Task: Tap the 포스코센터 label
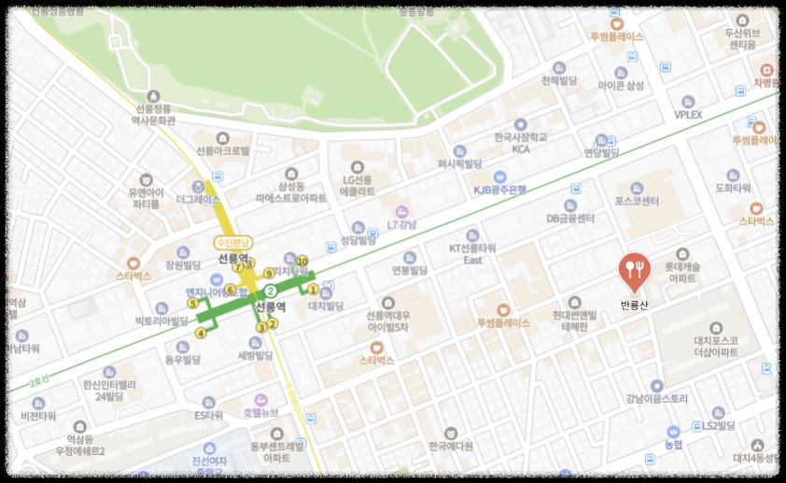[x=638, y=201]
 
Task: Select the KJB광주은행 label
[x=499, y=189]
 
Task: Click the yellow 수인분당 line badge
[x=232, y=242]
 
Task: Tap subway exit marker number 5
[x=193, y=304]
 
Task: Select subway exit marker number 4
[x=201, y=334]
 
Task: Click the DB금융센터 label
[x=570, y=219]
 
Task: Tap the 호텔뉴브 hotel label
[x=261, y=411]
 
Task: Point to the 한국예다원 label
[x=451, y=445]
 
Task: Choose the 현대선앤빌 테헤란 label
[x=574, y=320]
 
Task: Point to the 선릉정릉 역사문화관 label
[x=154, y=113]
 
